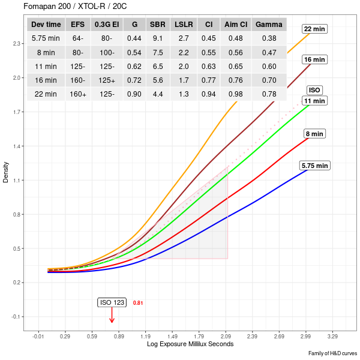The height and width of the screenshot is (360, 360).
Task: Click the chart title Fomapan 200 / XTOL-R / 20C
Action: [68, 7]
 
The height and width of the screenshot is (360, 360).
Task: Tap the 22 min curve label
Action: [314, 29]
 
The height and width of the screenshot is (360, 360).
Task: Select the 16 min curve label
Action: [314, 59]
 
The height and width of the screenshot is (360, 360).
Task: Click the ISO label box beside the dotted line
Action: [314, 90]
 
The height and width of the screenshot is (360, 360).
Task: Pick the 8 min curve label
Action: [314, 133]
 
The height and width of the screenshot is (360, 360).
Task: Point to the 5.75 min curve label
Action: [315, 165]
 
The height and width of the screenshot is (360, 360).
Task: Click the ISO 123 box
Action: [112, 302]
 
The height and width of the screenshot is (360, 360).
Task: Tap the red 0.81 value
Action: [138, 303]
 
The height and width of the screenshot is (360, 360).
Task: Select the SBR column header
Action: [158, 25]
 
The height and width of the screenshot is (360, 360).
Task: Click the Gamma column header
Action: [269, 25]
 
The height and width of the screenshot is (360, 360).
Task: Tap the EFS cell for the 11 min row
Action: [77, 66]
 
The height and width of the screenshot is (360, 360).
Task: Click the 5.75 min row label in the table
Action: [46, 38]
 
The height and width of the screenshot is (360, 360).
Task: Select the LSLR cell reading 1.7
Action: [183, 80]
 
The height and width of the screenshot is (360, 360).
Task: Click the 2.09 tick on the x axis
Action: [227, 337]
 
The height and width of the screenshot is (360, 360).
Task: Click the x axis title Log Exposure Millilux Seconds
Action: [190, 344]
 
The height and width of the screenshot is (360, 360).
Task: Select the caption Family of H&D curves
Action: [332, 354]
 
